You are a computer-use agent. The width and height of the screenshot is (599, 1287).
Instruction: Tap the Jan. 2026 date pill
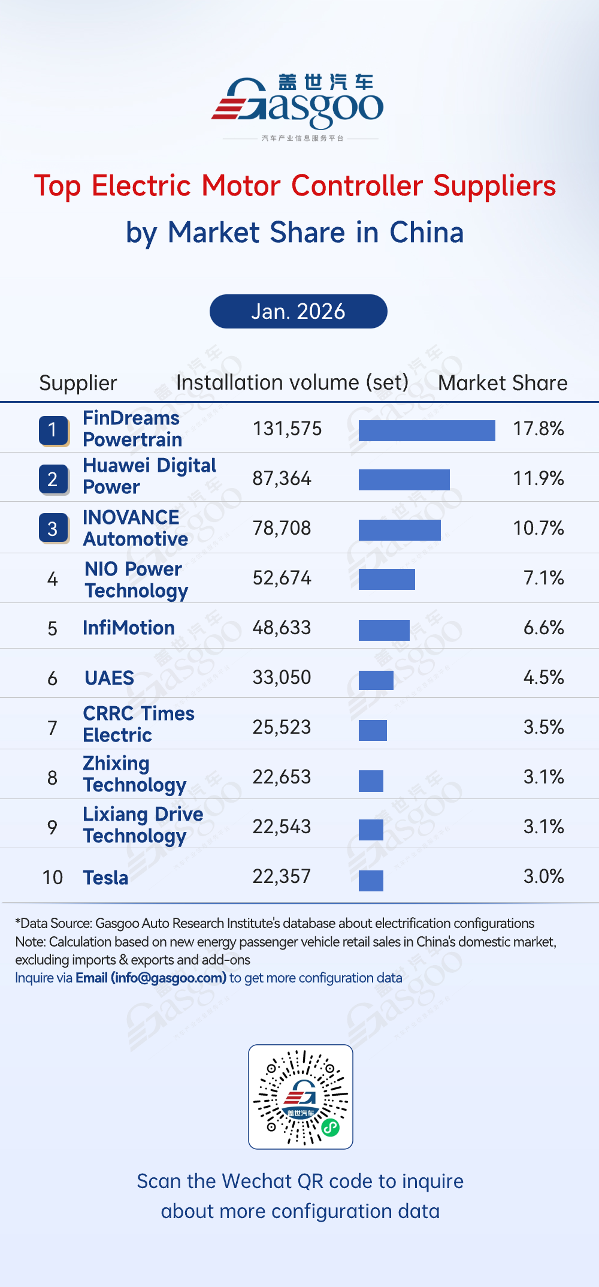(298, 312)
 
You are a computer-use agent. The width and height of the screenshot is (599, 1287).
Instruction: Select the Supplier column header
(78, 383)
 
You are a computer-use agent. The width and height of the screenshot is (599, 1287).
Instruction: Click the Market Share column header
(503, 383)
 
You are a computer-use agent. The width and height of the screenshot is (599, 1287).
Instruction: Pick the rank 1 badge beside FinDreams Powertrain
(53, 430)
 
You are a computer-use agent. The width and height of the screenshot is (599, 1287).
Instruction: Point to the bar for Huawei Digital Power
(404, 480)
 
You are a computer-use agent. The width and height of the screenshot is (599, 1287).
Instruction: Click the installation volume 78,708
(282, 528)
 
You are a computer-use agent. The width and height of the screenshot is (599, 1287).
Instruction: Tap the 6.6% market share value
(543, 628)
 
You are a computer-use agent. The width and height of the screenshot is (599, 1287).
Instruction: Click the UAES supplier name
(109, 678)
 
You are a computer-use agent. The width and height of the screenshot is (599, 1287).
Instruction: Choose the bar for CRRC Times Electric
(373, 730)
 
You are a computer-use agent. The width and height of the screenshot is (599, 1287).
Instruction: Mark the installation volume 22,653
(282, 777)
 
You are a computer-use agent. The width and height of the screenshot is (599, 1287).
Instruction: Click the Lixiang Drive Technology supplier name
(143, 825)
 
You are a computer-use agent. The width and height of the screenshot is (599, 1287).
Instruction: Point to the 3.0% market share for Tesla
(543, 876)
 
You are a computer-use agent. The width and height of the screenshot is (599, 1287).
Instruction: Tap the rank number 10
(53, 878)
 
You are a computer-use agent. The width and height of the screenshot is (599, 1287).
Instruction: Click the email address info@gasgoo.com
(168, 978)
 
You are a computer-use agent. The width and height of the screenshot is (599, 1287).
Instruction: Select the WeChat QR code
(301, 1096)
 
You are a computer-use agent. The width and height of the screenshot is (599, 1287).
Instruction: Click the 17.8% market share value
(538, 429)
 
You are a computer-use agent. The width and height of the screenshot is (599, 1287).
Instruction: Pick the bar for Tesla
(371, 881)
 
